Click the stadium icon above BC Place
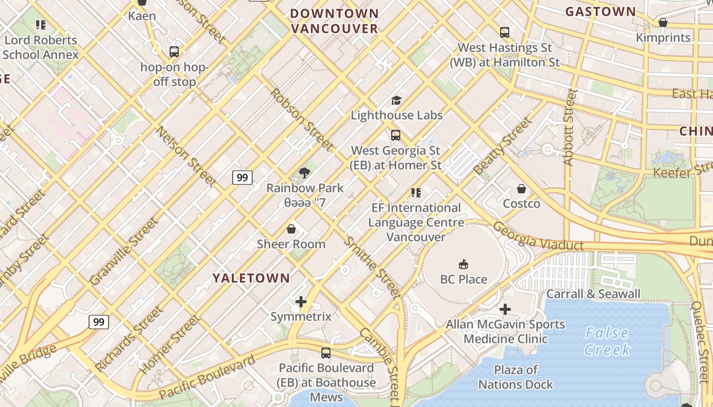(x=463, y=264)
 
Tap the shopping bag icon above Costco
(x=521, y=189)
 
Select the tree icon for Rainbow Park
(x=305, y=172)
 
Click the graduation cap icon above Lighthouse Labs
(x=396, y=100)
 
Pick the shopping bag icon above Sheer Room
(x=291, y=229)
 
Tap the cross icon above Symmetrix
(x=301, y=302)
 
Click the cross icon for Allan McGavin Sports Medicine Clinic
(x=505, y=309)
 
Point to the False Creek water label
(x=607, y=341)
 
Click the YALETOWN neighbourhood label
(x=251, y=278)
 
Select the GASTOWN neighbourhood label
(x=600, y=11)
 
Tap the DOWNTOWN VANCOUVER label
(x=335, y=21)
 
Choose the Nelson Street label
(x=186, y=156)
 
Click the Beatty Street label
(x=502, y=146)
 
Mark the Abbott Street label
(x=569, y=127)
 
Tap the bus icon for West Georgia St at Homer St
(x=396, y=135)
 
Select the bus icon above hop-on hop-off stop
(x=174, y=51)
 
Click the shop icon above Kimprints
(x=663, y=22)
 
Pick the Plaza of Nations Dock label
(x=515, y=377)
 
